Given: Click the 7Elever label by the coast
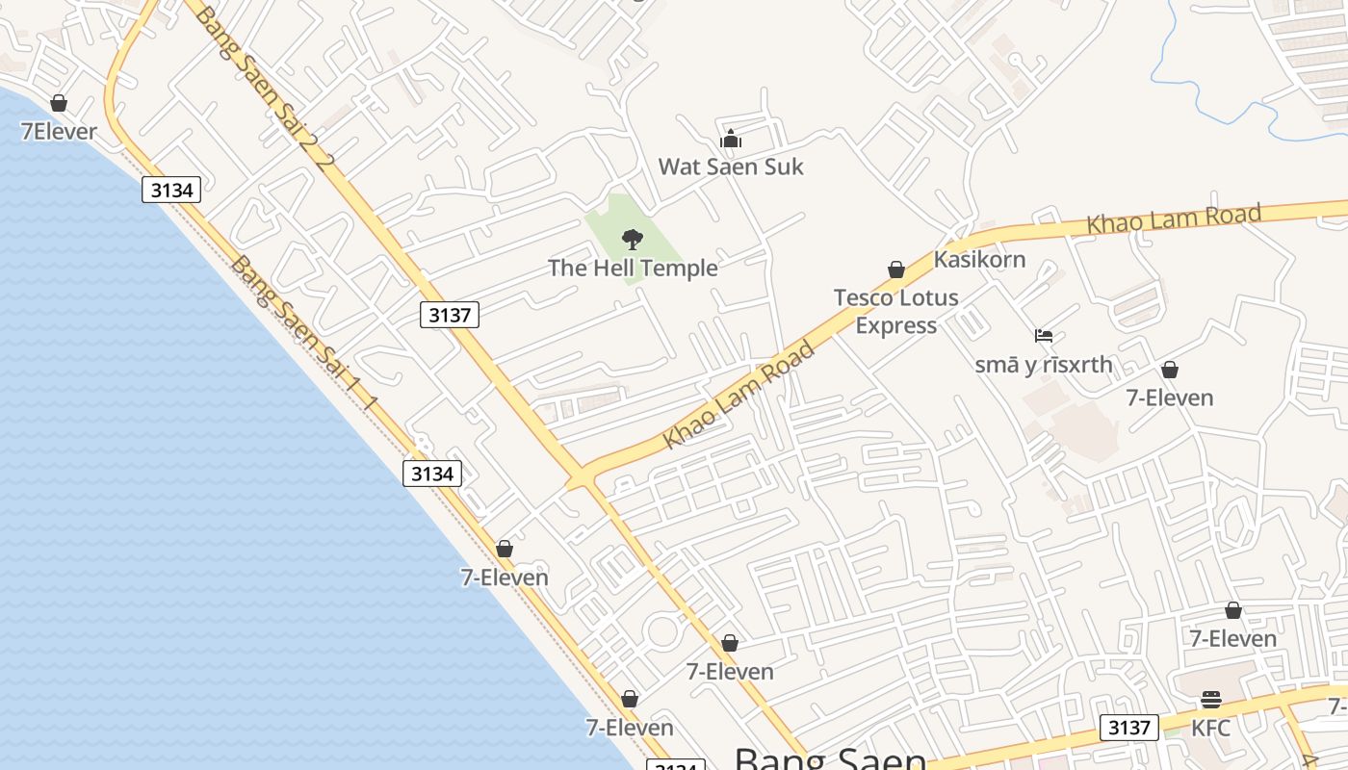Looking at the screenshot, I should [x=59, y=131].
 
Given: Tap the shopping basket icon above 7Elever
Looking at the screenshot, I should [x=59, y=103].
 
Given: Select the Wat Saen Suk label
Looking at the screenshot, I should [x=730, y=167].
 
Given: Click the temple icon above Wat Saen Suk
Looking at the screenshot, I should [x=731, y=140].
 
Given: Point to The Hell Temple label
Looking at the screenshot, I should [x=633, y=268].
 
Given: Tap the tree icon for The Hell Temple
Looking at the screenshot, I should [x=633, y=240].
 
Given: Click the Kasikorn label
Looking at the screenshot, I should [x=979, y=259].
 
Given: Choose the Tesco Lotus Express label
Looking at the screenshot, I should [x=895, y=311].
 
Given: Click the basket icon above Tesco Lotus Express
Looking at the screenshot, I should [x=896, y=269].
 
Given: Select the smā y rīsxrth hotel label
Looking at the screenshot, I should [x=1043, y=365].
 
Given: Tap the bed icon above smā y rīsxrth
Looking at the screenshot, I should [x=1044, y=336].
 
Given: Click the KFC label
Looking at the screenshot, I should [x=1210, y=728].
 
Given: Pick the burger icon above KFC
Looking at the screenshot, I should [x=1211, y=700].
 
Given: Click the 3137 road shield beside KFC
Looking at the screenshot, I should [x=1128, y=728].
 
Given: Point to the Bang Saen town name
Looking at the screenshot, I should [x=830, y=758].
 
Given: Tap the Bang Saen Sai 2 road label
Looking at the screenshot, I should [x=265, y=87].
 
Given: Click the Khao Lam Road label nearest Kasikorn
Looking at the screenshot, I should [x=1173, y=218].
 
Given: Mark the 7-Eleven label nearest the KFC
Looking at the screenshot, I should [x=1232, y=638].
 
